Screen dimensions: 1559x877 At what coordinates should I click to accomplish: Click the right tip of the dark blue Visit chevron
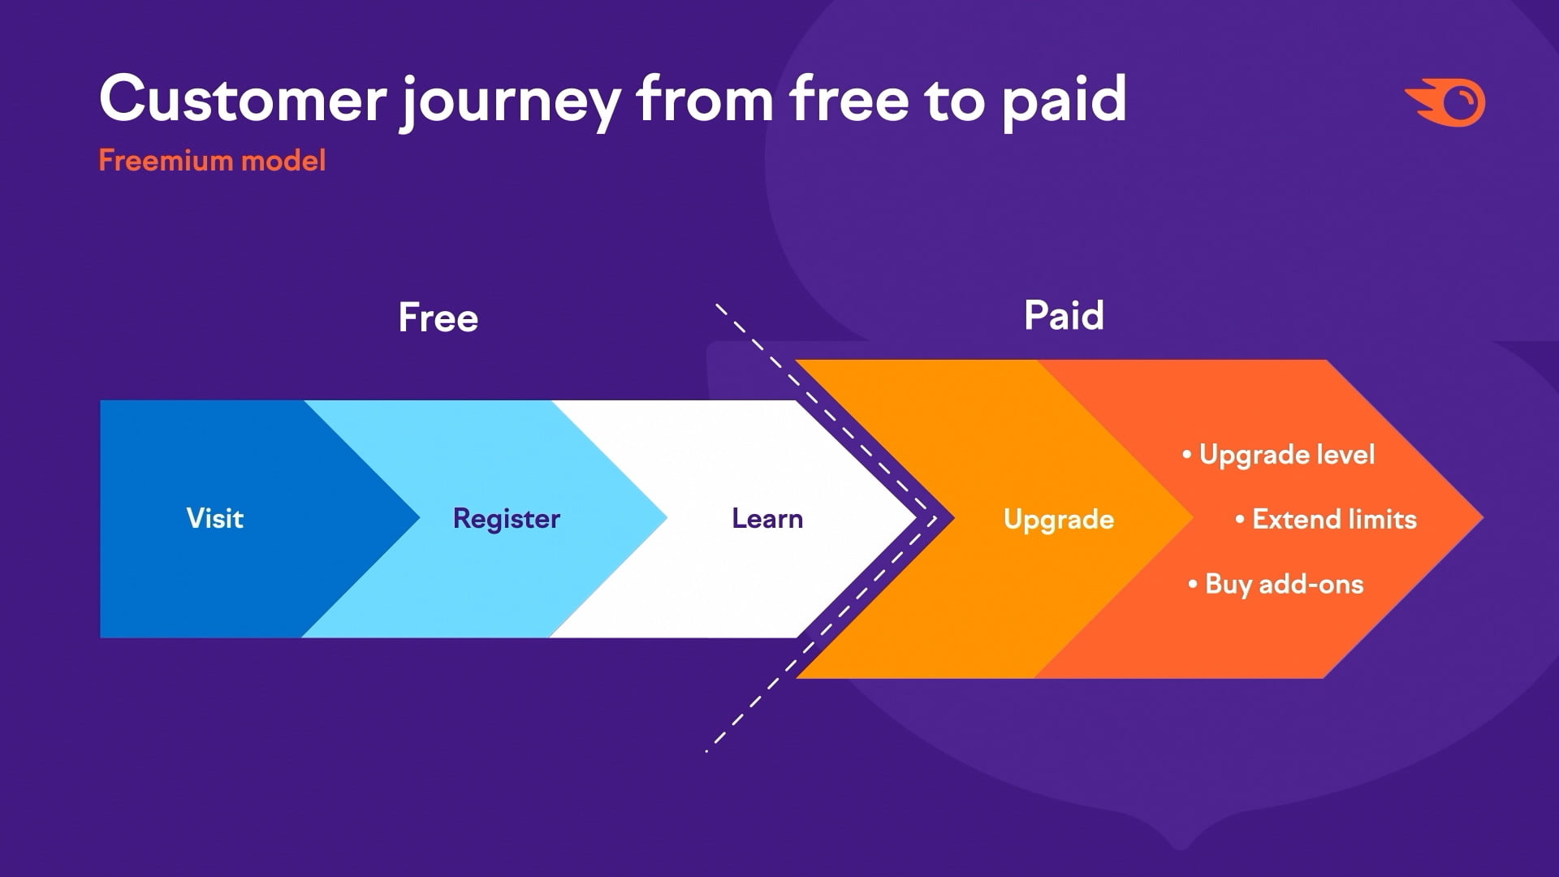(419, 518)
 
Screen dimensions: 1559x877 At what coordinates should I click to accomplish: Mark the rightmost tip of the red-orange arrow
(1483, 517)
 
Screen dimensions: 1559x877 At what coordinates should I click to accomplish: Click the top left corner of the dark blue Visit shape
(101, 401)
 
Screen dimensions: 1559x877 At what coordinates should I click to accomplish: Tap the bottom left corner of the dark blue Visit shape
(101, 637)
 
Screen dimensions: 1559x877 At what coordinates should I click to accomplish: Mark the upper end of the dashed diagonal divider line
(716, 305)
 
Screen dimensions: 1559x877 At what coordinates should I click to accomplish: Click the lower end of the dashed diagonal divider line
(706, 751)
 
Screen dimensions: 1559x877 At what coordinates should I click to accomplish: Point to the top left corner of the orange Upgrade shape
(796, 361)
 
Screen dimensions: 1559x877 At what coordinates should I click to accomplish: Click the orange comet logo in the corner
(1445, 103)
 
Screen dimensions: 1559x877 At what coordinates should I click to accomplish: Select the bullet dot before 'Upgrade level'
(1187, 454)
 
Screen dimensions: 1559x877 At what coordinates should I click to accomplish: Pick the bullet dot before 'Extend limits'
(1240, 519)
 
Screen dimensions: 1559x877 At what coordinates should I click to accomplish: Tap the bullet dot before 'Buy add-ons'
(1193, 584)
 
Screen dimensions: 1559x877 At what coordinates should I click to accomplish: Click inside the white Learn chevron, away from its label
(731, 585)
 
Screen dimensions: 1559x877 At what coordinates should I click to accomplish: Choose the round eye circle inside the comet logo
(1462, 102)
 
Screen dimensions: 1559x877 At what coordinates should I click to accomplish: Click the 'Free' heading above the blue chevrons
(438, 318)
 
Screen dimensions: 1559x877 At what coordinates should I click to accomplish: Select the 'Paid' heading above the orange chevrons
(1064, 315)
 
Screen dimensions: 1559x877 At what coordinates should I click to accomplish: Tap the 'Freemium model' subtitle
(212, 161)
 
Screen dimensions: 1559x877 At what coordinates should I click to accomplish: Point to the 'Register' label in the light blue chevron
(507, 520)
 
